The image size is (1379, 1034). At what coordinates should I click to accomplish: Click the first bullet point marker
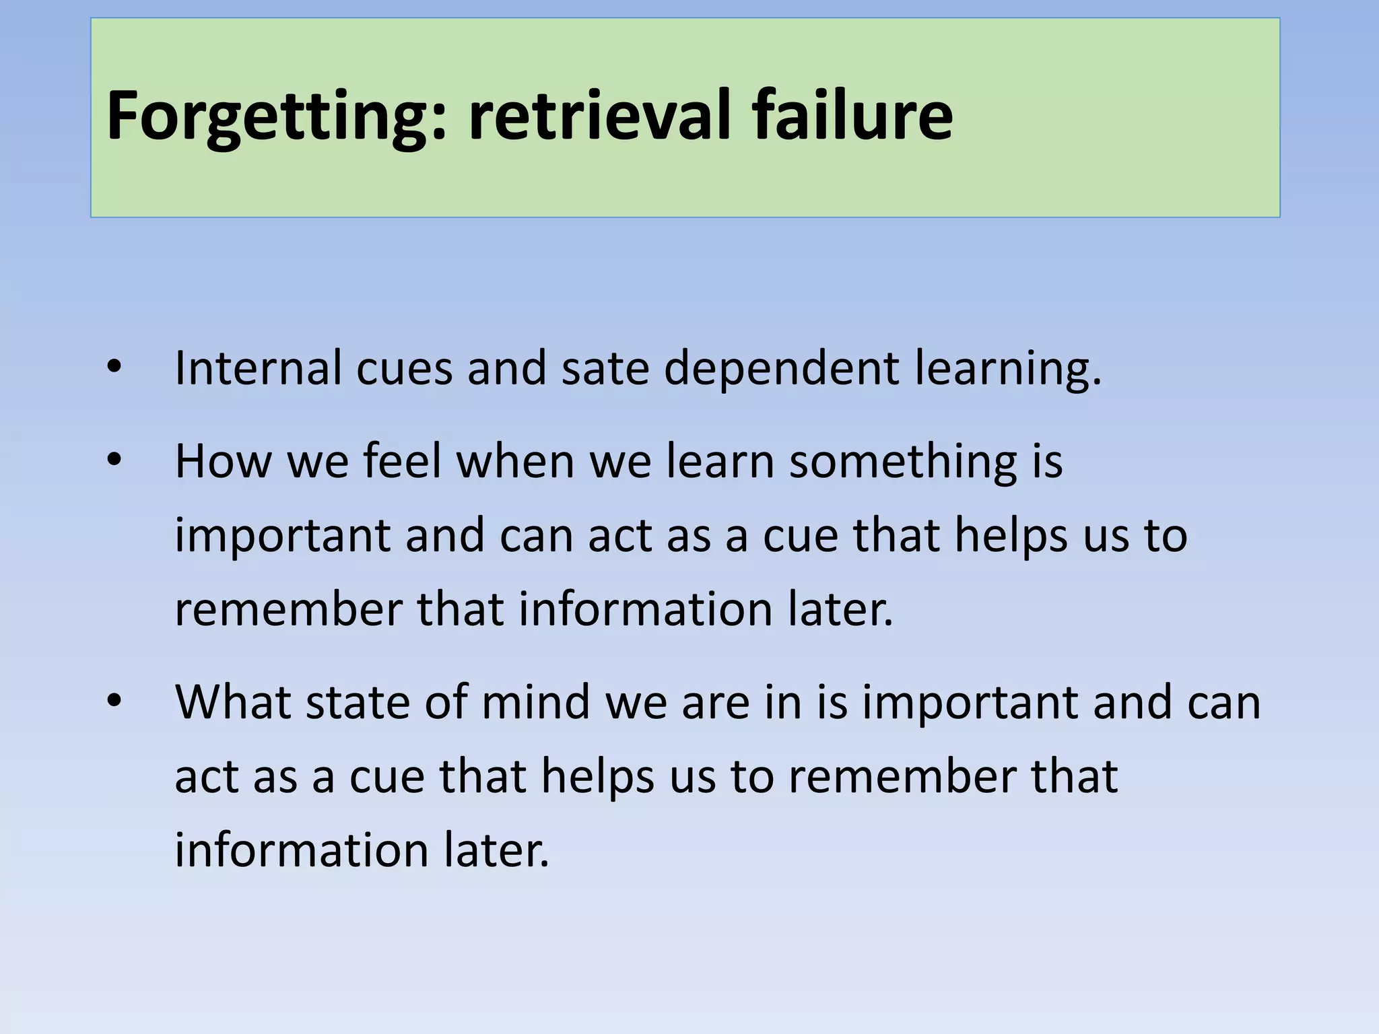[x=114, y=368]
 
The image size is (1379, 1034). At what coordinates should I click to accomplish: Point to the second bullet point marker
[x=114, y=460]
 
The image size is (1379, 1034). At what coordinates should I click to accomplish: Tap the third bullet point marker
[x=114, y=701]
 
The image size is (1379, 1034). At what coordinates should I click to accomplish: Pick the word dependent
[x=781, y=369]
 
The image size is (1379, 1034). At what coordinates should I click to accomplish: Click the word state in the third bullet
[x=358, y=701]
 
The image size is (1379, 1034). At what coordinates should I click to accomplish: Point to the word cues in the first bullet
[x=404, y=369]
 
